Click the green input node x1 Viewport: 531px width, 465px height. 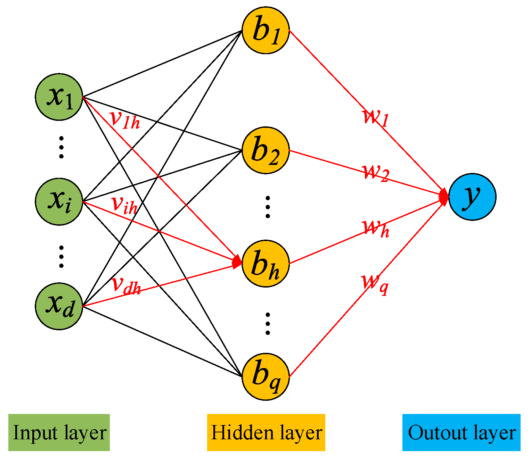[59, 97]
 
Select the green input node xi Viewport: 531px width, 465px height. [59, 201]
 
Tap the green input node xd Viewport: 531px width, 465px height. [59, 306]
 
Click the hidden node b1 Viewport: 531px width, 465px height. [265, 30]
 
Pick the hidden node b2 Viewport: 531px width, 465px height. [265, 150]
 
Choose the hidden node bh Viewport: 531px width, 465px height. [265, 263]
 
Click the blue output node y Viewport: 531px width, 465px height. [472, 197]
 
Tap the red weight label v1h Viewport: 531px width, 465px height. [125, 120]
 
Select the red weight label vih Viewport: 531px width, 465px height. [125, 205]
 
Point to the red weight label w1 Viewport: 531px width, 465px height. [375, 117]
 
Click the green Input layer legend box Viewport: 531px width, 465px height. [59, 433]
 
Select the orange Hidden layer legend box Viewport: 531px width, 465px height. [266, 433]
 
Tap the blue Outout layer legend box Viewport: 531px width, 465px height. [461, 433]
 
